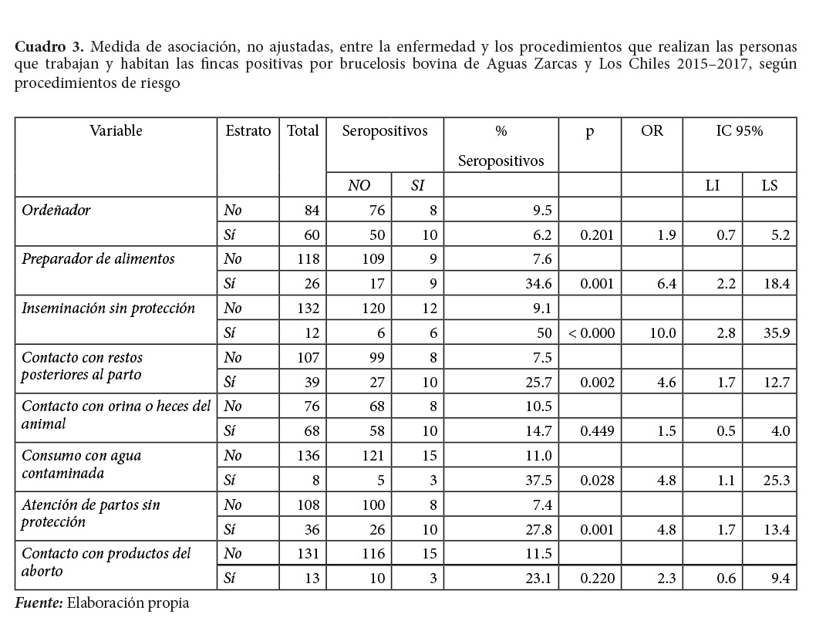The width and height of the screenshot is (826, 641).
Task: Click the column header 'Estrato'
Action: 248,131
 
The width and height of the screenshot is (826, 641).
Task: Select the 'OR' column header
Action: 652,131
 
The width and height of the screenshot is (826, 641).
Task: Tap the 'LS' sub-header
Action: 769,185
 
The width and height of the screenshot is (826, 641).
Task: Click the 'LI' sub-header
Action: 712,185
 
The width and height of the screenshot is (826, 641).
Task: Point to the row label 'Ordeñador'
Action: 56,210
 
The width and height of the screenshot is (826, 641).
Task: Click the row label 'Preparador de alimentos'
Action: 98,259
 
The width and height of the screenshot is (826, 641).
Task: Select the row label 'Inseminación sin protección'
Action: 109,309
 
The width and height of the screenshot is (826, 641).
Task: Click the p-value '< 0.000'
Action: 591,333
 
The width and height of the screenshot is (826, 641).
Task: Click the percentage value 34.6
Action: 538,284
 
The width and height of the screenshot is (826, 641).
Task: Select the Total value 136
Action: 306,456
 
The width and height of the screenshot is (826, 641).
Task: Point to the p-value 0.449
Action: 597,431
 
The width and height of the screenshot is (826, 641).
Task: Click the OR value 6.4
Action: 667,284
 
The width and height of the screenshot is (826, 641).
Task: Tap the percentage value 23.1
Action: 538,579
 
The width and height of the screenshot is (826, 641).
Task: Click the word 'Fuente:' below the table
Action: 39,603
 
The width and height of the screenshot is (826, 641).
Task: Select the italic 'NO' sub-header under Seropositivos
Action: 359,185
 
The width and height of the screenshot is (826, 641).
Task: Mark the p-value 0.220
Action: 597,579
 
